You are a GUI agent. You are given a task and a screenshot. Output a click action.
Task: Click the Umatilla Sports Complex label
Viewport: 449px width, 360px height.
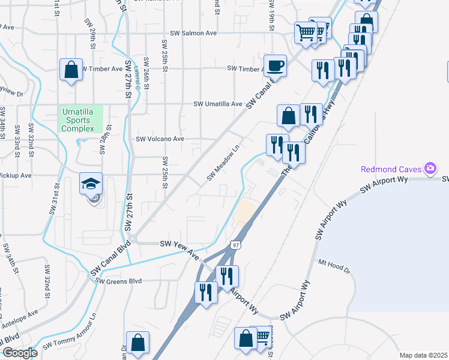[81, 119]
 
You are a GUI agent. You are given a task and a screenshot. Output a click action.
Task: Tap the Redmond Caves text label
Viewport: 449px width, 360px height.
[390, 169]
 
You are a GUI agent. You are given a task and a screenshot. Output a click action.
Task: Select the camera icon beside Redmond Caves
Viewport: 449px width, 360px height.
[430, 169]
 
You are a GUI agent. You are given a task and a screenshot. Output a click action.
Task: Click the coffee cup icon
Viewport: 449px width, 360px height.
[276, 65]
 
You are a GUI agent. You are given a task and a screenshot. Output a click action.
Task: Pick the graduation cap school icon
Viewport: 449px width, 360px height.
[91, 184]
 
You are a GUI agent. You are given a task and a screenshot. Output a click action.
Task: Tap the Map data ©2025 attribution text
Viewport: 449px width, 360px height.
[423, 355]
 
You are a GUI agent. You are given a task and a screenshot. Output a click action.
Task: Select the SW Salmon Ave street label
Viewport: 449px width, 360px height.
[193, 34]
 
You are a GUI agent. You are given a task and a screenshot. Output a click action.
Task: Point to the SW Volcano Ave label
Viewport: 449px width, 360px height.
[160, 139]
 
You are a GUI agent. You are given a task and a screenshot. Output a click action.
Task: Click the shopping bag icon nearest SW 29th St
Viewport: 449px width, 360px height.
[71, 70]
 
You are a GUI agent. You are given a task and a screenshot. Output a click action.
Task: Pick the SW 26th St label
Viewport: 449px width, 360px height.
[146, 78]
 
